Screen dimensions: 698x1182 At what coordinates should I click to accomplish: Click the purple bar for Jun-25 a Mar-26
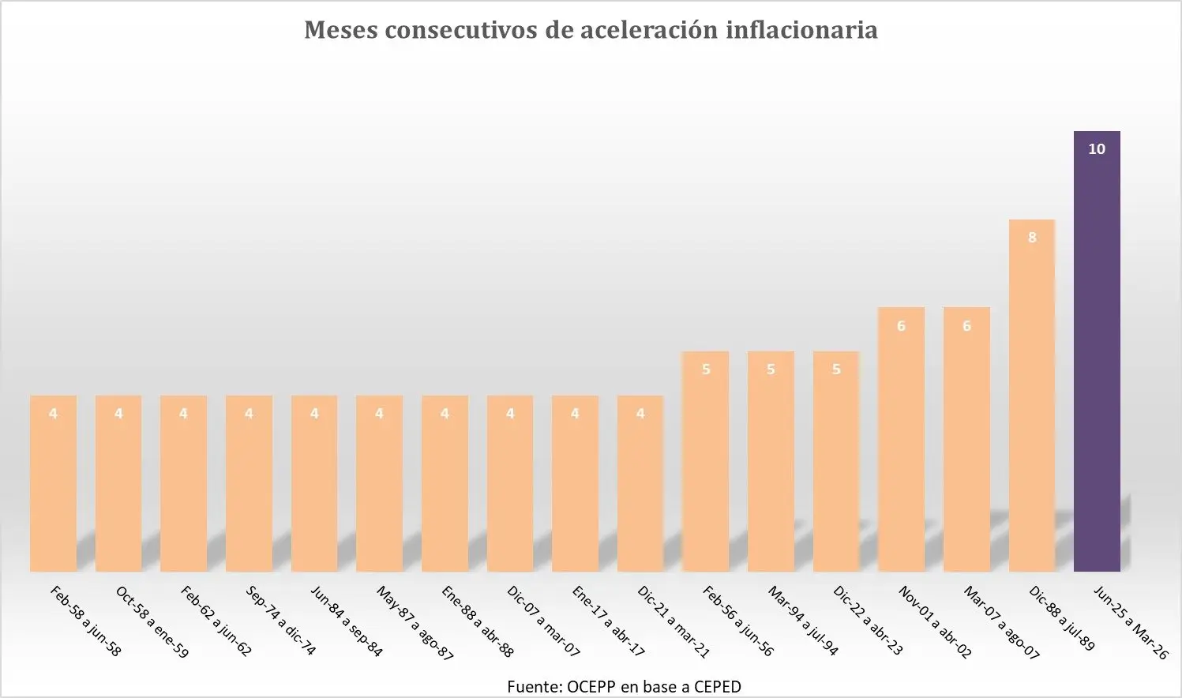point(1097,355)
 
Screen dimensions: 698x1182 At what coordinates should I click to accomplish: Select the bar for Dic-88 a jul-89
point(1031,403)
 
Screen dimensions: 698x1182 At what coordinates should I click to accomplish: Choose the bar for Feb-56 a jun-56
point(705,466)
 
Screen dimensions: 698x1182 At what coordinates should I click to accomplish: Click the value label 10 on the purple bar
point(1097,149)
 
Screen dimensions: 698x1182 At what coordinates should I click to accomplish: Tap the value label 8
point(1032,238)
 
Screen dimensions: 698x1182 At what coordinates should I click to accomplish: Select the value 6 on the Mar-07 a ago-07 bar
point(966,326)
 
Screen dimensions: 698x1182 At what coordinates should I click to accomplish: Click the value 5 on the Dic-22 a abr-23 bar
point(836,370)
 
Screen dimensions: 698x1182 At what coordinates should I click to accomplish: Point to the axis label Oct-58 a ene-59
point(152,622)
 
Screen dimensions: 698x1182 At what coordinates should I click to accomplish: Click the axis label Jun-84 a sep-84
point(347,622)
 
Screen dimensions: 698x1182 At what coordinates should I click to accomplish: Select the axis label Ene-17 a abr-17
point(608,622)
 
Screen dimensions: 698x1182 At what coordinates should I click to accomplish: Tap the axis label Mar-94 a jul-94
point(803,622)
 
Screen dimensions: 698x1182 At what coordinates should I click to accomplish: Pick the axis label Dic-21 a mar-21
point(674,622)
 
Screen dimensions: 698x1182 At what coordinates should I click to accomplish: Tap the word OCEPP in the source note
point(591,687)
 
